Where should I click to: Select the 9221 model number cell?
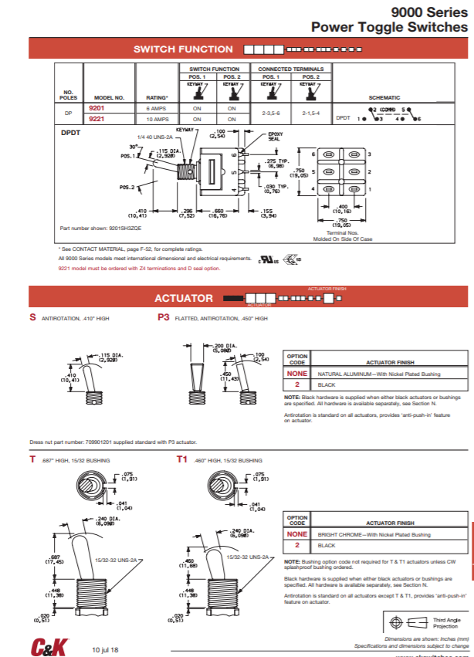[x=96, y=120]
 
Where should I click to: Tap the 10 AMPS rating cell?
[x=157, y=120]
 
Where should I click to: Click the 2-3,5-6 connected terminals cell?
[x=271, y=113]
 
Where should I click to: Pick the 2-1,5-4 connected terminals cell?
[x=311, y=113]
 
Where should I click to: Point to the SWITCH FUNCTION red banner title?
[x=183, y=49]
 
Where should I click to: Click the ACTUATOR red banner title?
[x=183, y=297]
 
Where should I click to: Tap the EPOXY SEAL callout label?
[x=275, y=136]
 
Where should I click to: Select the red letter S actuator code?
[x=32, y=317]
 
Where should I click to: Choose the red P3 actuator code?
[x=163, y=317]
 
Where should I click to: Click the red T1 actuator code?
[x=182, y=459]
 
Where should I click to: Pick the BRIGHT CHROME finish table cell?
[x=374, y=534]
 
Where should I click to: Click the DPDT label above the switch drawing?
[x=71, y=133]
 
